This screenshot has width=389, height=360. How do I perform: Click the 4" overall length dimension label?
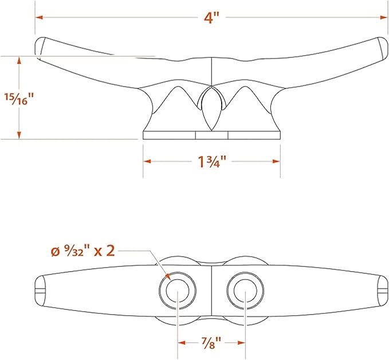211,18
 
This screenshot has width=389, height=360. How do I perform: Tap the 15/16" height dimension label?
19,99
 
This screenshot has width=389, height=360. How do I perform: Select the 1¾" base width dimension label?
212,162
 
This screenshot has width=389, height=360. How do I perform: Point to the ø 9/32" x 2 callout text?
83,251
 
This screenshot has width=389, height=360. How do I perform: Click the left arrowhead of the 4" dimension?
40,17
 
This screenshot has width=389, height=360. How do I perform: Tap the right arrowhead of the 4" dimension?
383,17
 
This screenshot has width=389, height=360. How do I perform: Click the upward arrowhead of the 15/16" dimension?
19,61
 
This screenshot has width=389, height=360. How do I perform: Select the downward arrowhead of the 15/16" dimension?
19,135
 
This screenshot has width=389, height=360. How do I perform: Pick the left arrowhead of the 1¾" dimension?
147,162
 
